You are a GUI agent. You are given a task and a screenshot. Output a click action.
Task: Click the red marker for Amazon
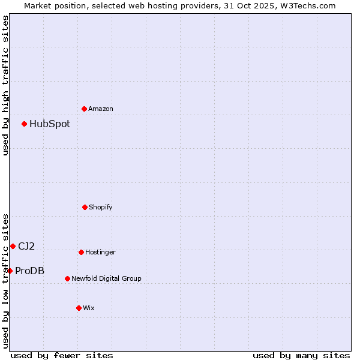(x=84, y=109)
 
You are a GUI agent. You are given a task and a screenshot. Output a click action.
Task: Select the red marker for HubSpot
(x=25, y=124)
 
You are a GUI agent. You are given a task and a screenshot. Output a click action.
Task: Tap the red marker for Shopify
(x=85, y=207)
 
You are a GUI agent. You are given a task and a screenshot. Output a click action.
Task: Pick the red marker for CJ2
(x=13, y=246)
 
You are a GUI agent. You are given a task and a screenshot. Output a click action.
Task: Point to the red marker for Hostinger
(x=81, y=252)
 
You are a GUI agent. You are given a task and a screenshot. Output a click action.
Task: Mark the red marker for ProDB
(x=10, y=271)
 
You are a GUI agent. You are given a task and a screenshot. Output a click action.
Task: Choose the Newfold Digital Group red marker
(x=67, y=278)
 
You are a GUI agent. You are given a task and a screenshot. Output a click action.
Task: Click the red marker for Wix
(x=79, y=308)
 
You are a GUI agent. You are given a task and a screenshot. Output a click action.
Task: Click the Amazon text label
(x=101, y=109)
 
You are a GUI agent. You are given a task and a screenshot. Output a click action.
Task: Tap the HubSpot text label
(x=50, y=124)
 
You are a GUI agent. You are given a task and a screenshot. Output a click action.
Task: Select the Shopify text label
(x=101, y=207)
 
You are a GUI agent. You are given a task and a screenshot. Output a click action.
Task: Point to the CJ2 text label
(x=26, y=246)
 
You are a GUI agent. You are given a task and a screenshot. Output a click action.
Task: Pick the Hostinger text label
(x=100, y=252)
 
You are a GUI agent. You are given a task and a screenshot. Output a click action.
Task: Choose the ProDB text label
(x=30, y=271)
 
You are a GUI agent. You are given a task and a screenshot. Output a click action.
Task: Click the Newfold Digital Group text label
(x=107, y=278)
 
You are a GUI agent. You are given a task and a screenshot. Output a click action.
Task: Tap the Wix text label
(x=89, y=308)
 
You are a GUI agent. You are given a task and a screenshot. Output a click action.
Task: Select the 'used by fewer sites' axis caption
(x=62, y=355)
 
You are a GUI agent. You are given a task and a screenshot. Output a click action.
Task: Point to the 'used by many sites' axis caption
(x=301, y=355)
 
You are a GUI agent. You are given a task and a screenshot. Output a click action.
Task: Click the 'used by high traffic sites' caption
(x=5, y=85)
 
